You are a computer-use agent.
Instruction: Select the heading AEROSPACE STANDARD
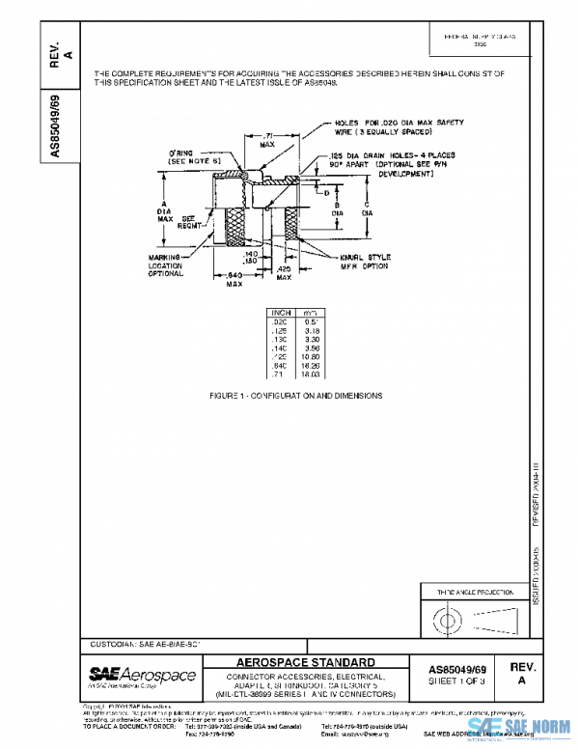[306, 662]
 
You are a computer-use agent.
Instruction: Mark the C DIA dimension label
[367, 208]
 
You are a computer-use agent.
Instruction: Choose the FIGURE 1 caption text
[295, 396]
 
